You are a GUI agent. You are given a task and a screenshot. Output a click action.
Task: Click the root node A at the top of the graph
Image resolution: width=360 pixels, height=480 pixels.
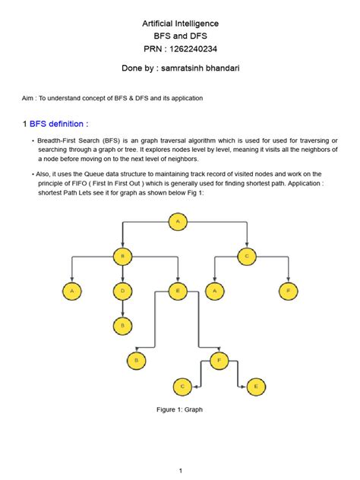click(x=179, y=221)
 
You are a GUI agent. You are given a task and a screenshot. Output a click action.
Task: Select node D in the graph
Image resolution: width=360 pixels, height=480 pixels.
click(x=122, y=289)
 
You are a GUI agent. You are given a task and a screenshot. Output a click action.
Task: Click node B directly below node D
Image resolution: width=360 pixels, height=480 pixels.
click(x=122, y=325)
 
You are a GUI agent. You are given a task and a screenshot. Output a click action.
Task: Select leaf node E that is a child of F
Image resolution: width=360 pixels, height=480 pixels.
click(x=256, y=387)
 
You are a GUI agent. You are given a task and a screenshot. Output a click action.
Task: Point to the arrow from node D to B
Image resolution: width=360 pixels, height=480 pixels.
click(x=122, y=308)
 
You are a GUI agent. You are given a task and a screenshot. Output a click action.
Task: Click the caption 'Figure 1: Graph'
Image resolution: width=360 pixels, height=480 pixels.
click(x=179, y=410)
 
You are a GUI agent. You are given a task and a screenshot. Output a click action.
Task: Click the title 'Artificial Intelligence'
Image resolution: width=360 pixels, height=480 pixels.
click(x=180, y=24)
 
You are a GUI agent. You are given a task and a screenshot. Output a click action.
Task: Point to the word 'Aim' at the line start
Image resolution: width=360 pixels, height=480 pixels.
click(x=27, y=98)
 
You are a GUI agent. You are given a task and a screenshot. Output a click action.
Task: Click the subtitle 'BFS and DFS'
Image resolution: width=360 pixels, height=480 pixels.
click(x=180, y=36)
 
